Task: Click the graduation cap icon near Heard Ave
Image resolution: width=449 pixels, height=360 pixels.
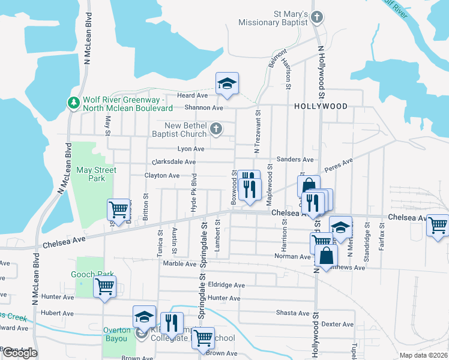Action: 228,83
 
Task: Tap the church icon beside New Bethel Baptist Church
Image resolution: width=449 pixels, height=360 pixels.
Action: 215,129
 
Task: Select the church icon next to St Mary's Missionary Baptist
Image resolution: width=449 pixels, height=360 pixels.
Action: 318,18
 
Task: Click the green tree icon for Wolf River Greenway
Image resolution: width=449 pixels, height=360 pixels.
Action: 74,103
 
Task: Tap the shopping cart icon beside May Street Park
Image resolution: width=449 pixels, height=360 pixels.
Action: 119,209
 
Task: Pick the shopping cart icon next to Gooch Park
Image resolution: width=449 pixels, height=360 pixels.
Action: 104,287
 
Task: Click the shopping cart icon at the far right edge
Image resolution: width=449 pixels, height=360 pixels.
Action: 438,226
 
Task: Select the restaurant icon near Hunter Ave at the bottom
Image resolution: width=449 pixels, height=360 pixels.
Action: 172,323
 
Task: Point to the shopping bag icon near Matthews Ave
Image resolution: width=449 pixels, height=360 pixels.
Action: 325,256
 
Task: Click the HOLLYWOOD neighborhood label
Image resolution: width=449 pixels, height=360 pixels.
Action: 321,106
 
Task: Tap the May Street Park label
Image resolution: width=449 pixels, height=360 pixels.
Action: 96,174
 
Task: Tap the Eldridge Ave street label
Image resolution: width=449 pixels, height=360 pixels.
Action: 226,285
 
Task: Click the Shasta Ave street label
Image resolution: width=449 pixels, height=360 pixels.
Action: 293,313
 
